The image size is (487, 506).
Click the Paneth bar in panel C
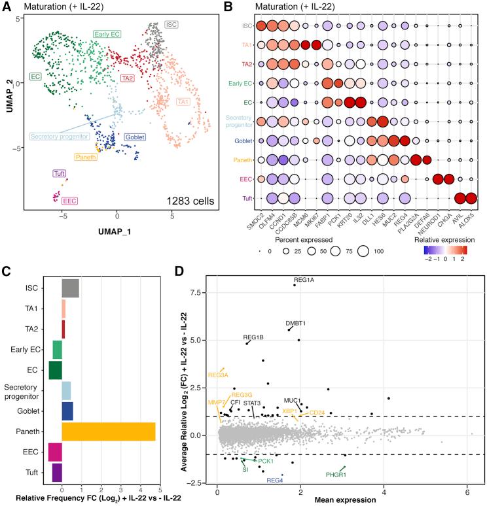tap(108, 431)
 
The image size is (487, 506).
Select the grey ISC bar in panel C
tap(70, 288)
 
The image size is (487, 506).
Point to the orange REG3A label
tap(218, 375)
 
